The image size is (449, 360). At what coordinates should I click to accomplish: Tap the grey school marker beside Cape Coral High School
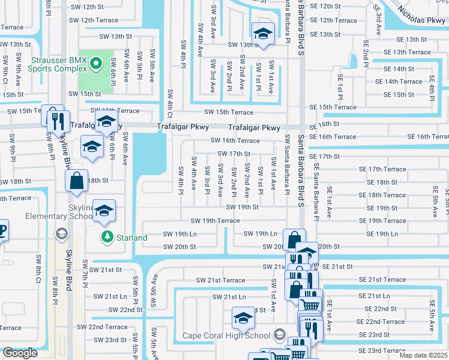tap(279, 335)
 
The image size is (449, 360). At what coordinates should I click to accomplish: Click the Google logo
tap(20, 353)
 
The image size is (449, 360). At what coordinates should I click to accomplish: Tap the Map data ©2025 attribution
tap(423, 355)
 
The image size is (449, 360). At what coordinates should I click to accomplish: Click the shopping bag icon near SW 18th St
tap(78, 181)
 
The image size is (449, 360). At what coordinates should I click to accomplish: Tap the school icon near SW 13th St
tap(262, 34)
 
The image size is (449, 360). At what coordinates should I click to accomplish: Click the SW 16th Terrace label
tap(235, 140)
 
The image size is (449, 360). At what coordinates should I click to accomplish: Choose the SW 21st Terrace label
tap(220, 280)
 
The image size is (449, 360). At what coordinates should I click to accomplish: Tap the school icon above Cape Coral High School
tap(243, 319)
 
